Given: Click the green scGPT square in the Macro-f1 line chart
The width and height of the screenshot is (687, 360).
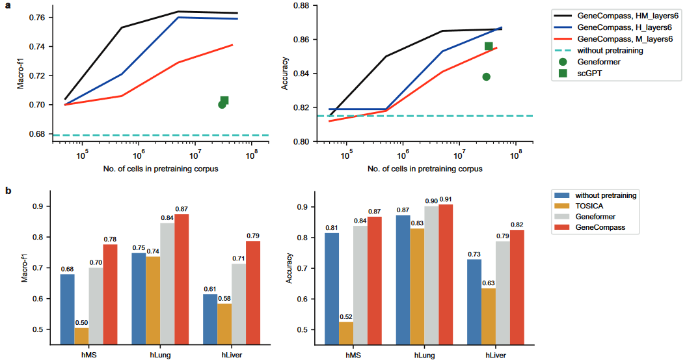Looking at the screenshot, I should pyautogui.click(x=224, y=100).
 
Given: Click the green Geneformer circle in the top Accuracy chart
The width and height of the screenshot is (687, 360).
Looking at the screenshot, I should pyautogui.click(x=486, y=77).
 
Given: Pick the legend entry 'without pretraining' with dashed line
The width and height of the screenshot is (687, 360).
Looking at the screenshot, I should pyautogui.click(x=615, y=50).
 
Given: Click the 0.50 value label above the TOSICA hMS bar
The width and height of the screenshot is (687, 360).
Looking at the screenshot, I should pyautogui.click(x=81, y=322).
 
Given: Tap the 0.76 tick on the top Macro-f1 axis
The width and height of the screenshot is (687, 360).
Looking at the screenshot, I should pyautogui.click(x=38, y=17).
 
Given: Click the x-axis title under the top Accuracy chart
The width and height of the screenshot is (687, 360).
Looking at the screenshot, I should pyautogui.click(x=425, y=169).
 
